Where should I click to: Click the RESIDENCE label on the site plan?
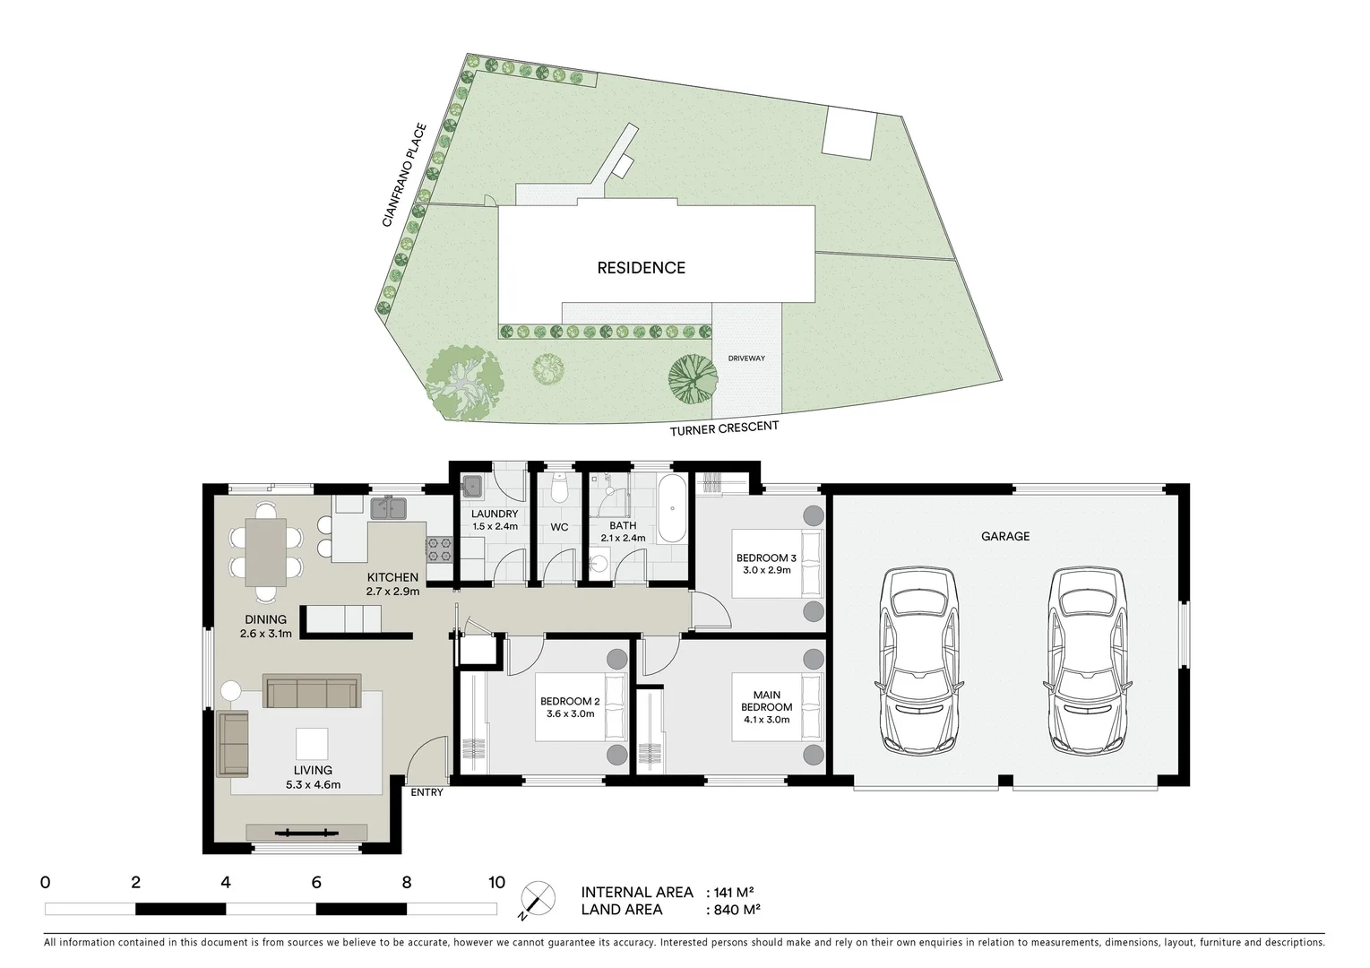pos(642,268)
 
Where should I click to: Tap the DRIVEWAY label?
pos(746,359)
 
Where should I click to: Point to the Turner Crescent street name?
pos(724,429)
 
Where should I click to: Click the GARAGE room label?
pos(1005,536)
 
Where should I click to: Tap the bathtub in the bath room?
pos(671,510)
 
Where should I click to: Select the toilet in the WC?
pos(560,488)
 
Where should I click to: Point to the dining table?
pos(266,552)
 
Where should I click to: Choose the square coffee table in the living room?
pos(313,744)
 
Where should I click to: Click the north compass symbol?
pos(533,899)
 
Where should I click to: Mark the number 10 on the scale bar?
pos(496,882)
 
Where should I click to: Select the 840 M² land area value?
pos(733,910)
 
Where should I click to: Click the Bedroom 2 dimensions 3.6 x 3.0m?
pos(570,714)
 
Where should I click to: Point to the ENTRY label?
pos(427,792)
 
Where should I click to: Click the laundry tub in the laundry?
pos(472,488)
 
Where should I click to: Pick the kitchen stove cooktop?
pos(439,549)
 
